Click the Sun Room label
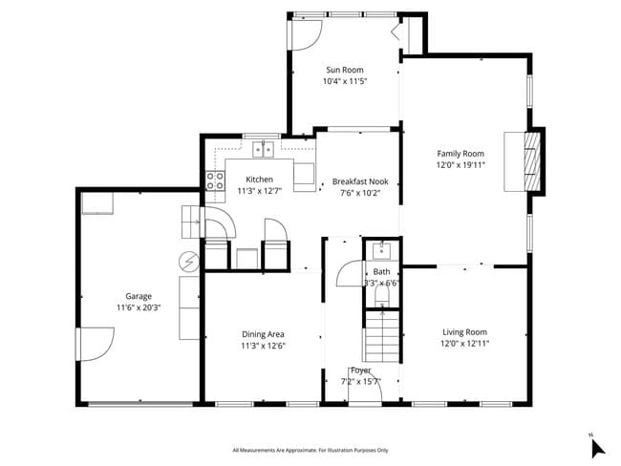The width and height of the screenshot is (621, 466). pos(345,70)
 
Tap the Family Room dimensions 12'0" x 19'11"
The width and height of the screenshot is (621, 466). pos(460,164)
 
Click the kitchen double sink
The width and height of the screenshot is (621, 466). pos(263,149)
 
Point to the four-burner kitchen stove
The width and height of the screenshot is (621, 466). pos(215,180)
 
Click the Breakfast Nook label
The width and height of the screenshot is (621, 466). pos(359,180)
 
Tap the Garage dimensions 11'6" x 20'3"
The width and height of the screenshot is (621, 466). pos(139,307)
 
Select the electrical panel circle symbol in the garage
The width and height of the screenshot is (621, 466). pos(189,260)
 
